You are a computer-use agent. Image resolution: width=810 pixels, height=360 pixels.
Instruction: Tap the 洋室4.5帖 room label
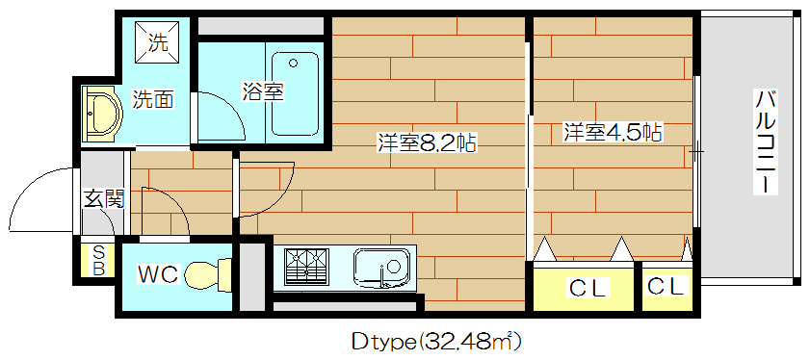[613, 132]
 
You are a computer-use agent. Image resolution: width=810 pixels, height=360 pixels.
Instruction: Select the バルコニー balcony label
[767, 141]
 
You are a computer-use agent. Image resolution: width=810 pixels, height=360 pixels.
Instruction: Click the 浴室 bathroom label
[262, 92]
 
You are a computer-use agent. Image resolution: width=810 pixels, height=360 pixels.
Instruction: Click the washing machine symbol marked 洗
[157, 42]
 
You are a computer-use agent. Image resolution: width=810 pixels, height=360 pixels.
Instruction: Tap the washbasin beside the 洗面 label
[100, 115]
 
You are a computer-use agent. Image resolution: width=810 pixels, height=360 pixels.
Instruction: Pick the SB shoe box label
[98, 261]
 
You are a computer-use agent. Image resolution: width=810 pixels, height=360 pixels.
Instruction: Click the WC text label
[157, 274]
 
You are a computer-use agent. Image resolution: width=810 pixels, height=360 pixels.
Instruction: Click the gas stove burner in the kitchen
[307, 265]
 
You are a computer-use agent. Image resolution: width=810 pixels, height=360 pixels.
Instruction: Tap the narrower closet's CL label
[666, 286]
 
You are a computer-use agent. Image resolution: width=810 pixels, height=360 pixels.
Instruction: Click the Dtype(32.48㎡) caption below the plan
[436, 341]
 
